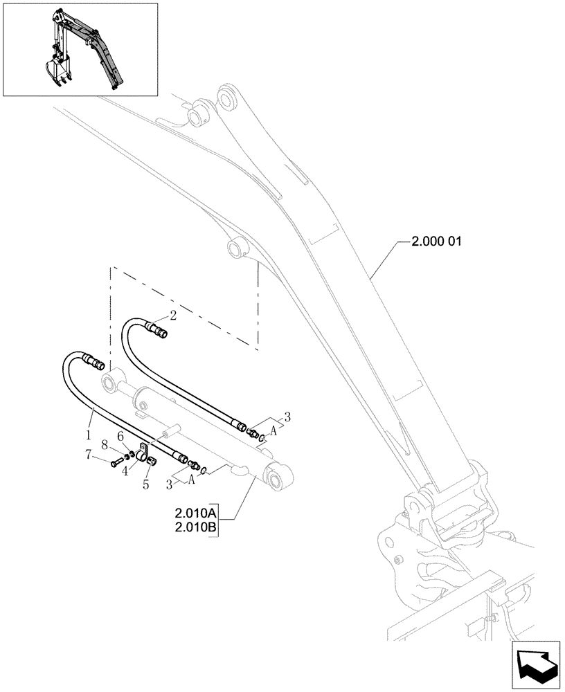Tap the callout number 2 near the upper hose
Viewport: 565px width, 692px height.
173,316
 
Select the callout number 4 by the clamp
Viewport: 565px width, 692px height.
125,471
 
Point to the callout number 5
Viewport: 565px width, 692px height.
146,485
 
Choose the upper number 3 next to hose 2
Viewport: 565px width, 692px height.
287,417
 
